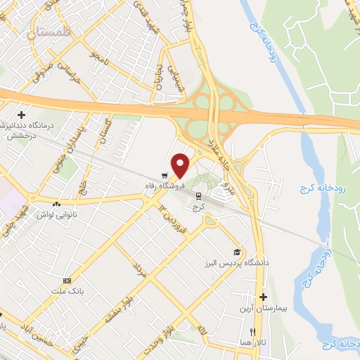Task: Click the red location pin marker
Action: pyautogui.click(x=181, y=165)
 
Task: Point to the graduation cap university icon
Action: pyautogui.click(x=238, y=252)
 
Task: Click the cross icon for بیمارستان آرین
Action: pyautogui.click(x=264, y=297)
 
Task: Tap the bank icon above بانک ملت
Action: pyautogui.click(x=67, y=280)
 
